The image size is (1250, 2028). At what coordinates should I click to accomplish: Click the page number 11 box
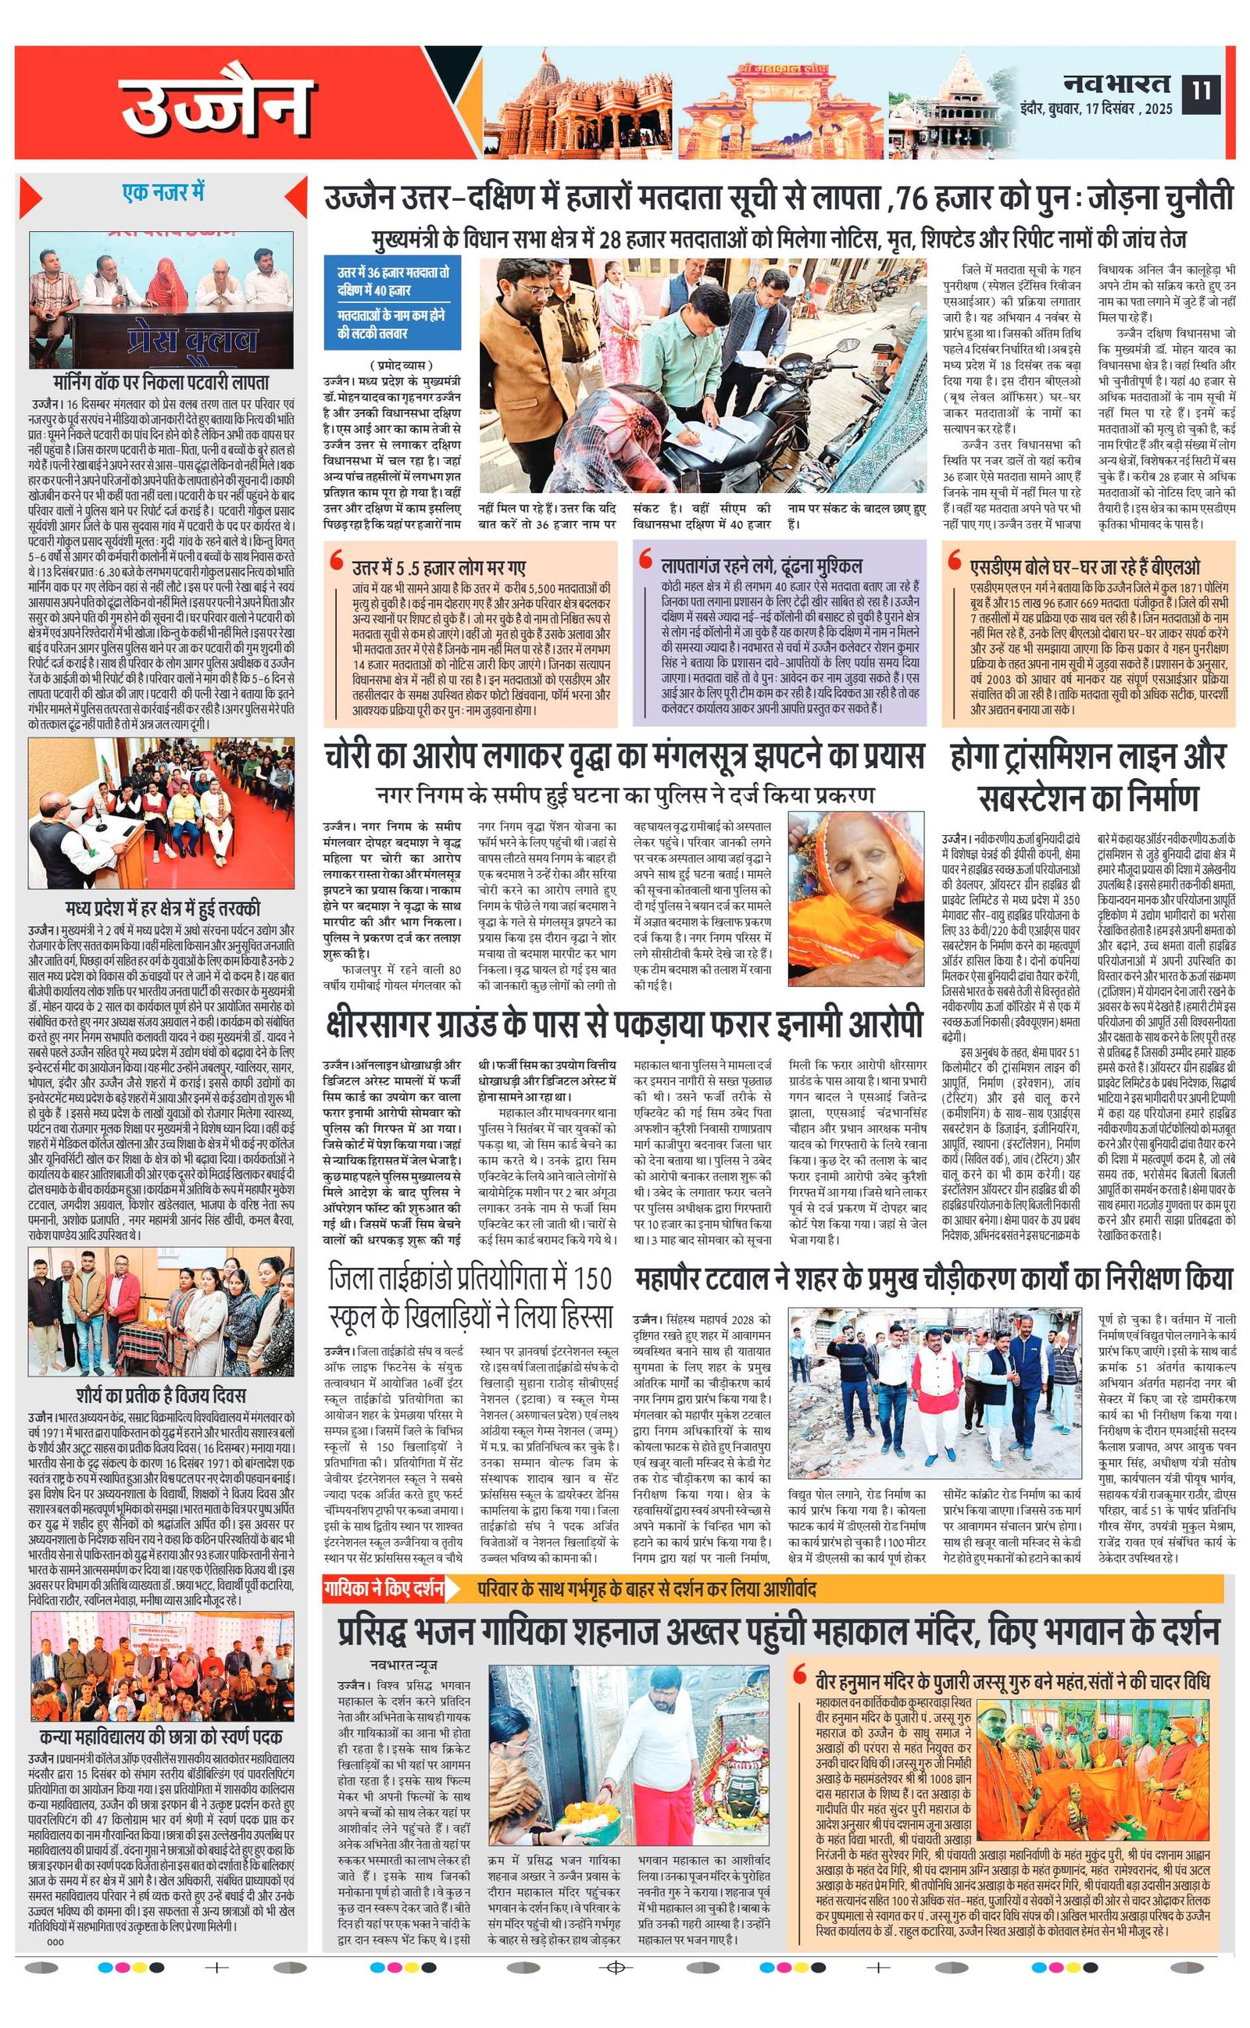(x=1201, y=88)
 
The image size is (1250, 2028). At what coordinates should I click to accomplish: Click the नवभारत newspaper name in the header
(x=1116, y=83)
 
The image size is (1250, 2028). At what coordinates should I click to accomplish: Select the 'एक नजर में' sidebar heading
(x=162, y=192)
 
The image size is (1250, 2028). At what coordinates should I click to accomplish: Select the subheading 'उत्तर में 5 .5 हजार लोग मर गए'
(x=439, y=566)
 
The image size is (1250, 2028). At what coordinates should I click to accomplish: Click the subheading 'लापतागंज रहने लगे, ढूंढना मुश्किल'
(x=762, y=566)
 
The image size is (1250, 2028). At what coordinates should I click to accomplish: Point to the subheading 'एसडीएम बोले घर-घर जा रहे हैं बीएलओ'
(x=1084, y=566)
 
